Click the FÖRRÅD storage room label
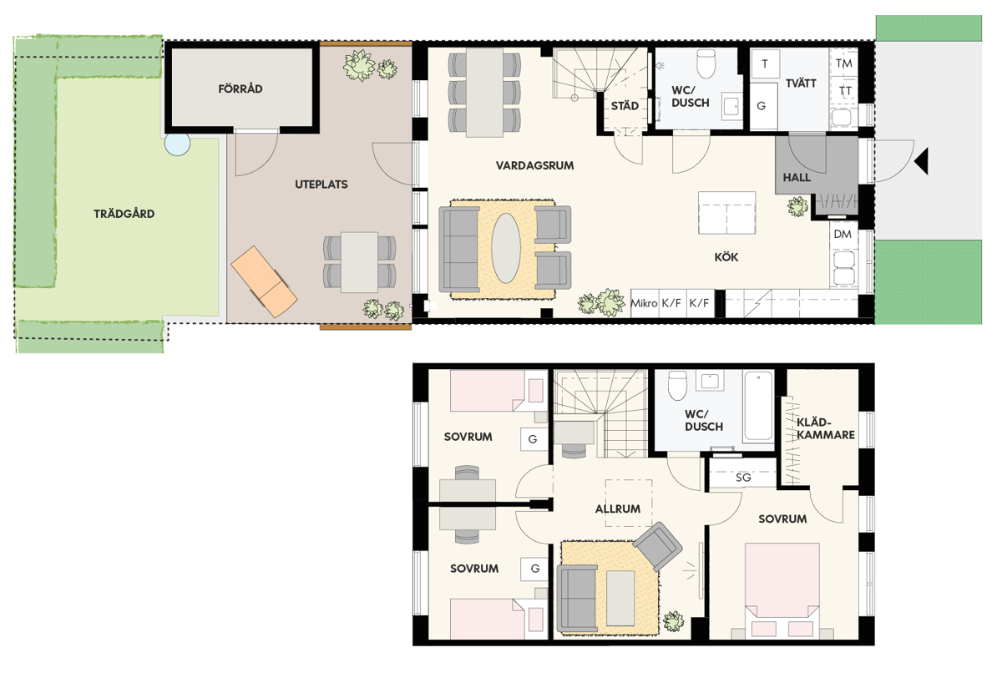click(x=240, y=89)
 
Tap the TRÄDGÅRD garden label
click(x=124, y=214)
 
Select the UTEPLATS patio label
click(x=321, y=185)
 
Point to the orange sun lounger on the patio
click(x=264, y=281)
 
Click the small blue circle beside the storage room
click(x=177, y=144)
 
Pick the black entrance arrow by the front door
click(x=922, y=161)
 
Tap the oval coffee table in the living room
click(x=506, y=248)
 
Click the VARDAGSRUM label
click(x=534, y=165)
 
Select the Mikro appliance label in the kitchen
click(x=644, y=303)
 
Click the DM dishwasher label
click(x=843, y=234)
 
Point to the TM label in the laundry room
click(x=844, y=63)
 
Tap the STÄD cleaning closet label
click(x=625, y=106)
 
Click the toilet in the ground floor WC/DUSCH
click(x=706, y=63)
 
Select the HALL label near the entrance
click(x=797, y=178)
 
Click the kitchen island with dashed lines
click(x=727, y=213)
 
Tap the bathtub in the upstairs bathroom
click(x=758, y=406)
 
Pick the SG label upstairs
click(x=743, y=478)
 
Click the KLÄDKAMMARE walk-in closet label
click(x=825, y=428)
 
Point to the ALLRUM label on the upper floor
click(x=618, y=509)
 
